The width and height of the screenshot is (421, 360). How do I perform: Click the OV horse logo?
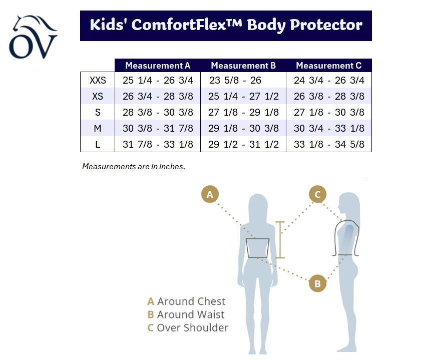(x=33, y=37)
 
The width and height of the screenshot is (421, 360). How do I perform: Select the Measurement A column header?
(x=158, y=66)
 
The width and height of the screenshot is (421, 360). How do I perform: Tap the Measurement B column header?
(x=243, y=66)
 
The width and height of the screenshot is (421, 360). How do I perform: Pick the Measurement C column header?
(x=328, y=66)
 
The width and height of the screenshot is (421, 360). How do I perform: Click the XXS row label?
(x=98, y=80)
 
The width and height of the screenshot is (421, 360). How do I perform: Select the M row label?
(x=98, y=128)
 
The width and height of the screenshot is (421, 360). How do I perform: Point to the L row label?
(x=98, y=144)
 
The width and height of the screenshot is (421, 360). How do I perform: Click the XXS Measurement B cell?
(x=235, y=80)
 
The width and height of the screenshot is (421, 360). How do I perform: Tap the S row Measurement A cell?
(x=158, y=112)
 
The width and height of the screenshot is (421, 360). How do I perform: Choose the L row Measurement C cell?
(x=329, y=144)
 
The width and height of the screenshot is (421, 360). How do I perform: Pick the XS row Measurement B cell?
(x=243, y=96)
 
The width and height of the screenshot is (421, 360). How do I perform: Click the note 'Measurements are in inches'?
(x=134, y=167)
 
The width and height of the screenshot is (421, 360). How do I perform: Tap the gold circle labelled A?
(x=210, y=194)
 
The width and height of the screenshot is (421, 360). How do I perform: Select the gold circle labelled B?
(x=318, y=283)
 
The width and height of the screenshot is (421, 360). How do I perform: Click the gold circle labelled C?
(x=318, y=194)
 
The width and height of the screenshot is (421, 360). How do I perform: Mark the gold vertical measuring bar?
(x=280, y=240)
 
